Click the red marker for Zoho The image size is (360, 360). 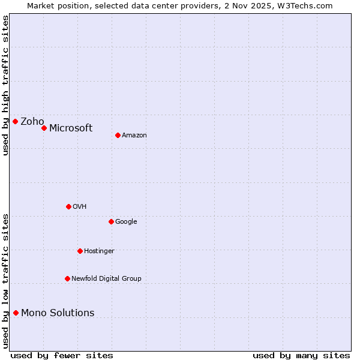point(15,122)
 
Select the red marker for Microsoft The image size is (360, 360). point(44,128)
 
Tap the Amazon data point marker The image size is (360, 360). point(118,135)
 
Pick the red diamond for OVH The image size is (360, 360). point(68,206)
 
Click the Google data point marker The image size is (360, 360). point(111,221)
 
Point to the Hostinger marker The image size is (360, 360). point(80,251)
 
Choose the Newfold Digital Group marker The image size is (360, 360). point(67,278)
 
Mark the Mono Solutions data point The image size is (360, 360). point(16,313)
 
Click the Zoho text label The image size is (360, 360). point(32,122)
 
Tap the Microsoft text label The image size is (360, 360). point(71,128)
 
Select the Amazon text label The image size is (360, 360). point(134,135)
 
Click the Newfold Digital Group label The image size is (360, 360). point(106,278)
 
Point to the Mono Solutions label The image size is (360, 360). point(58,313)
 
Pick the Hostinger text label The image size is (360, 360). point(99,251)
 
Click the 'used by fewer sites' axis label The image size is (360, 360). point(62,355)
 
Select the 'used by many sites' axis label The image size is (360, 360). point(301,355)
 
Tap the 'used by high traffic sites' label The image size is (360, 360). point(5,85)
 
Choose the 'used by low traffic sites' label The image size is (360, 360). point(5,281)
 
